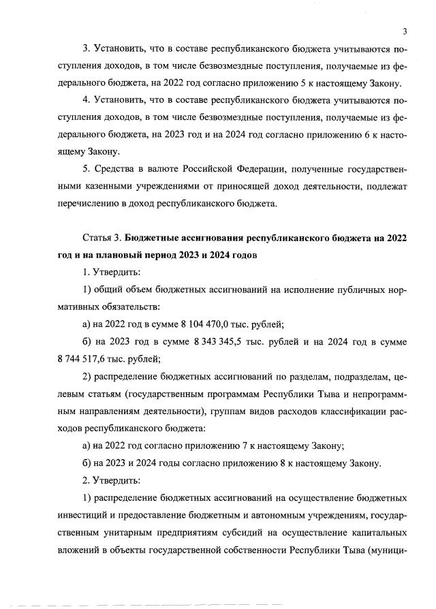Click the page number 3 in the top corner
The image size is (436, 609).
pyautogui.click(x=404, y=31)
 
